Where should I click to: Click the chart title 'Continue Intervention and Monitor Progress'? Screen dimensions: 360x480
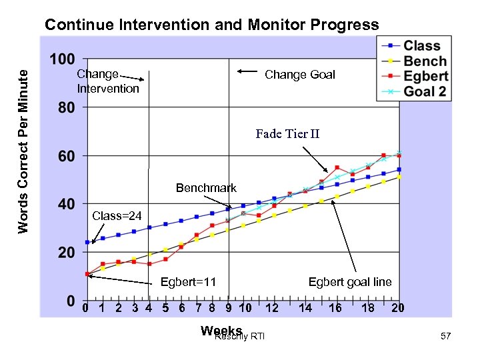pos(211,25)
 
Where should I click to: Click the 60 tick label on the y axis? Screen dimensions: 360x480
pos(65,156)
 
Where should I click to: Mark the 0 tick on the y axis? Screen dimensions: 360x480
pos(70,301)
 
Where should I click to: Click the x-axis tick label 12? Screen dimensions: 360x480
pos(271,308)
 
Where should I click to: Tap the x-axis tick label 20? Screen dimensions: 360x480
pos(398,308)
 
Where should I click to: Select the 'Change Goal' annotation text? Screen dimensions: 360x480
pos(300,75)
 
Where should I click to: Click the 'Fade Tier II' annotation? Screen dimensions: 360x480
pos(287,134)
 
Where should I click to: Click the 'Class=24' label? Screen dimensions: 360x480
pos(117,215)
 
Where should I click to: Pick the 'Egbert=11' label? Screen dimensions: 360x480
pos(189,282)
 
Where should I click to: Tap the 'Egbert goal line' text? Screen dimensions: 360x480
pos(350,282)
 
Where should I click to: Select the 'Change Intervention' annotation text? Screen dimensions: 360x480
pos(108,81)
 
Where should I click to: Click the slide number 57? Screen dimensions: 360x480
pos(445,337)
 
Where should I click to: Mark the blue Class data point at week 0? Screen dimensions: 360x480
pos(87,242)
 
